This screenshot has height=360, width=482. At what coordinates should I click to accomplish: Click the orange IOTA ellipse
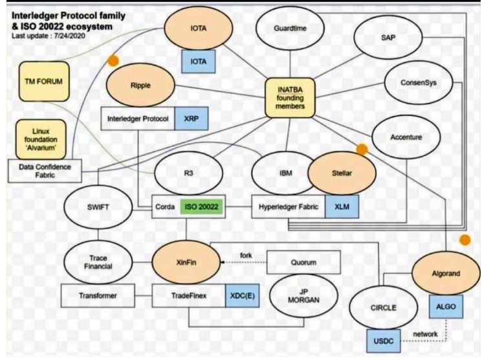(199, 30)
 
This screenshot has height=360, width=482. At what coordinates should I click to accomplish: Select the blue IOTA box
(199, 60)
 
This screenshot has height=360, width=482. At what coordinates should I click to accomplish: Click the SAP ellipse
(388, 38)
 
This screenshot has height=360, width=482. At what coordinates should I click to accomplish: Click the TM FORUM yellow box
(44, 82)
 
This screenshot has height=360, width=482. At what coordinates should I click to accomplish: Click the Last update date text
(52, 35)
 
